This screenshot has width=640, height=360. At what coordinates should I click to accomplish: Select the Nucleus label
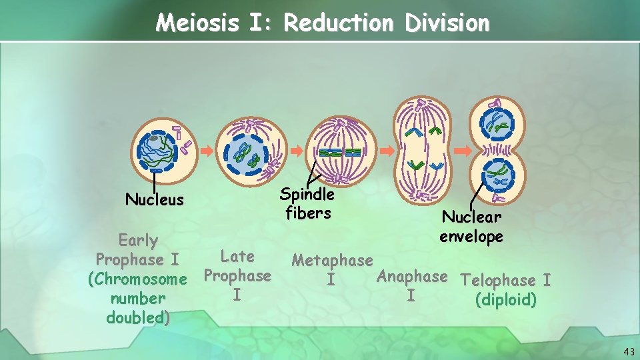(155, 199)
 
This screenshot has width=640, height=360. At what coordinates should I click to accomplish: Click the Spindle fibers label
(307, 203)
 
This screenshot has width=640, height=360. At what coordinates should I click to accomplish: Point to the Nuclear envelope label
(471, 227)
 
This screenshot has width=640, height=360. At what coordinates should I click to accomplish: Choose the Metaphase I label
(332, 269)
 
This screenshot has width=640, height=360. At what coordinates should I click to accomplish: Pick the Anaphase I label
(411, 285)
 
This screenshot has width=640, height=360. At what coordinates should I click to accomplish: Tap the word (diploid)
(505, 300)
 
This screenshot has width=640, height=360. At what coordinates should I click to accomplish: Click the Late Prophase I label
(237, 275)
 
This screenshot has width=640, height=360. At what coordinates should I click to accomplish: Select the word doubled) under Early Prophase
(137, 317)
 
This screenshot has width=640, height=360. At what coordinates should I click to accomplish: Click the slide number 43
(629, 351)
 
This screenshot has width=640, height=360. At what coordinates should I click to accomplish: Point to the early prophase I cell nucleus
(155, 149)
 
